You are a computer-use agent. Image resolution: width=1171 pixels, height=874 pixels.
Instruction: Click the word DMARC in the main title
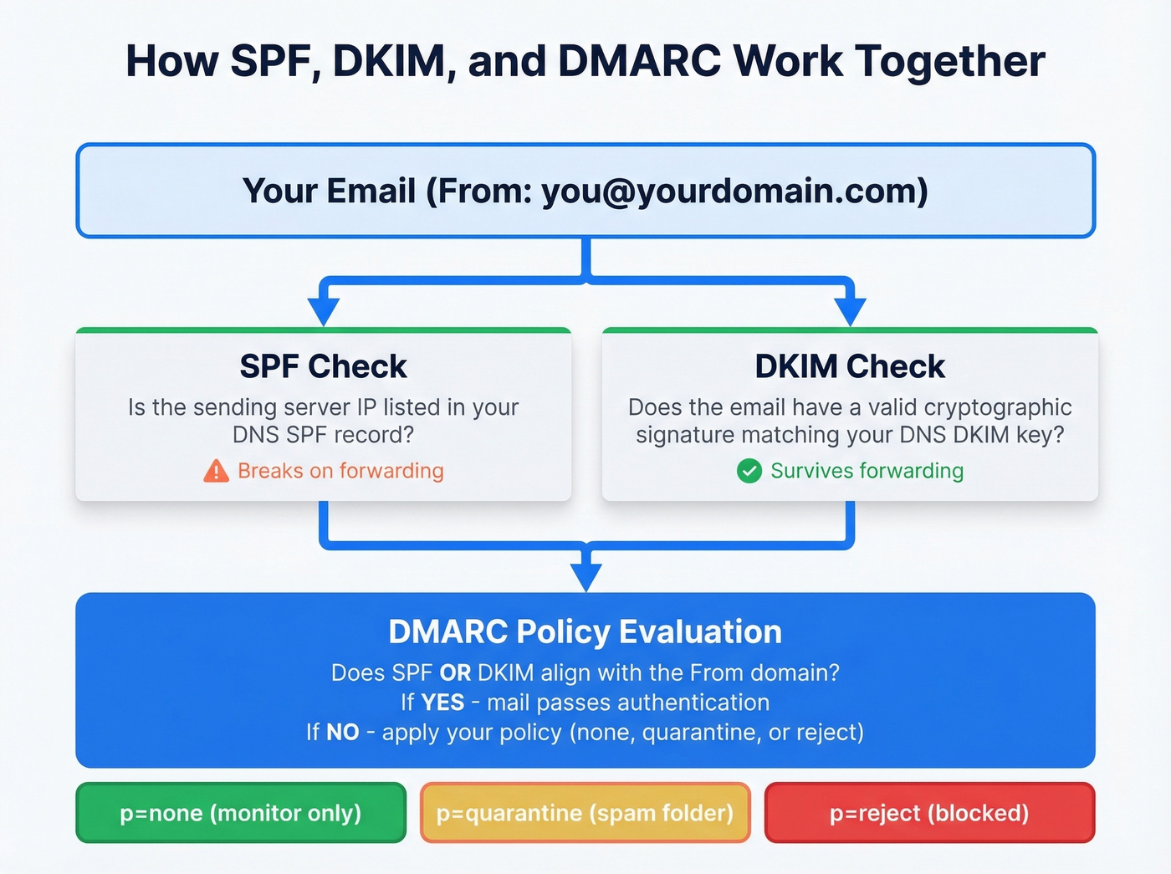point(639,61)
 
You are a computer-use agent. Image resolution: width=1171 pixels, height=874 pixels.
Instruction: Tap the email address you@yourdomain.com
point(734,192)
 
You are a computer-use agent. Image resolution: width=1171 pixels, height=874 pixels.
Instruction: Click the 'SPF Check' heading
point(323,366)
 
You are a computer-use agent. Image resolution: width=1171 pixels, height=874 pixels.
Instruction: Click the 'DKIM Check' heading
point(849,366)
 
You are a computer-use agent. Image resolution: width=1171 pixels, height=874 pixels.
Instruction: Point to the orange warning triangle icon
point(216,472)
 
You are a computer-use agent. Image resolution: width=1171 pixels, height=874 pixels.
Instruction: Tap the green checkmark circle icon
point(749,471)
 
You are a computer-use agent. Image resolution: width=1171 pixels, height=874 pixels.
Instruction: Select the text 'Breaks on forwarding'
point(340,471)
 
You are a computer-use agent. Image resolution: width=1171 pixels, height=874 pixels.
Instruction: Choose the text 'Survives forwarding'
point(867,471)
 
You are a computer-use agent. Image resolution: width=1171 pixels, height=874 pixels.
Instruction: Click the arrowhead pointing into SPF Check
point(323,311)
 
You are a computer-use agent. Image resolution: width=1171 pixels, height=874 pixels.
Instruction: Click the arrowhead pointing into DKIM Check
point(850,311)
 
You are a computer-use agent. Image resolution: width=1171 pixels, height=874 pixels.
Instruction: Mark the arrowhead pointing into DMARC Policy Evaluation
point(585,577)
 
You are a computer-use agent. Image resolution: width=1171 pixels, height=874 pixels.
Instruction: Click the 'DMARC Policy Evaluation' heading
point(585,631)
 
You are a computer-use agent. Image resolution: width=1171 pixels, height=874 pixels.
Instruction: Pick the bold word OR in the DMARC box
point(455,673)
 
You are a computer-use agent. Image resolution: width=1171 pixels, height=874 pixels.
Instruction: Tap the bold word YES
point(442,703)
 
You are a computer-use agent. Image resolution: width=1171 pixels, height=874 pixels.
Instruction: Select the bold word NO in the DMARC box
point(342,733)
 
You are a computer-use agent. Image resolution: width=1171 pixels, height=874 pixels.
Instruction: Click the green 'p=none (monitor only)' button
point(240,813)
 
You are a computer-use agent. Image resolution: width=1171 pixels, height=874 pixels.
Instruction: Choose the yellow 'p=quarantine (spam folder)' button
point(585,813)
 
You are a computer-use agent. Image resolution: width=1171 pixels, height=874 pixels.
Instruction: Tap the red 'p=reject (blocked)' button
point(928,813)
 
